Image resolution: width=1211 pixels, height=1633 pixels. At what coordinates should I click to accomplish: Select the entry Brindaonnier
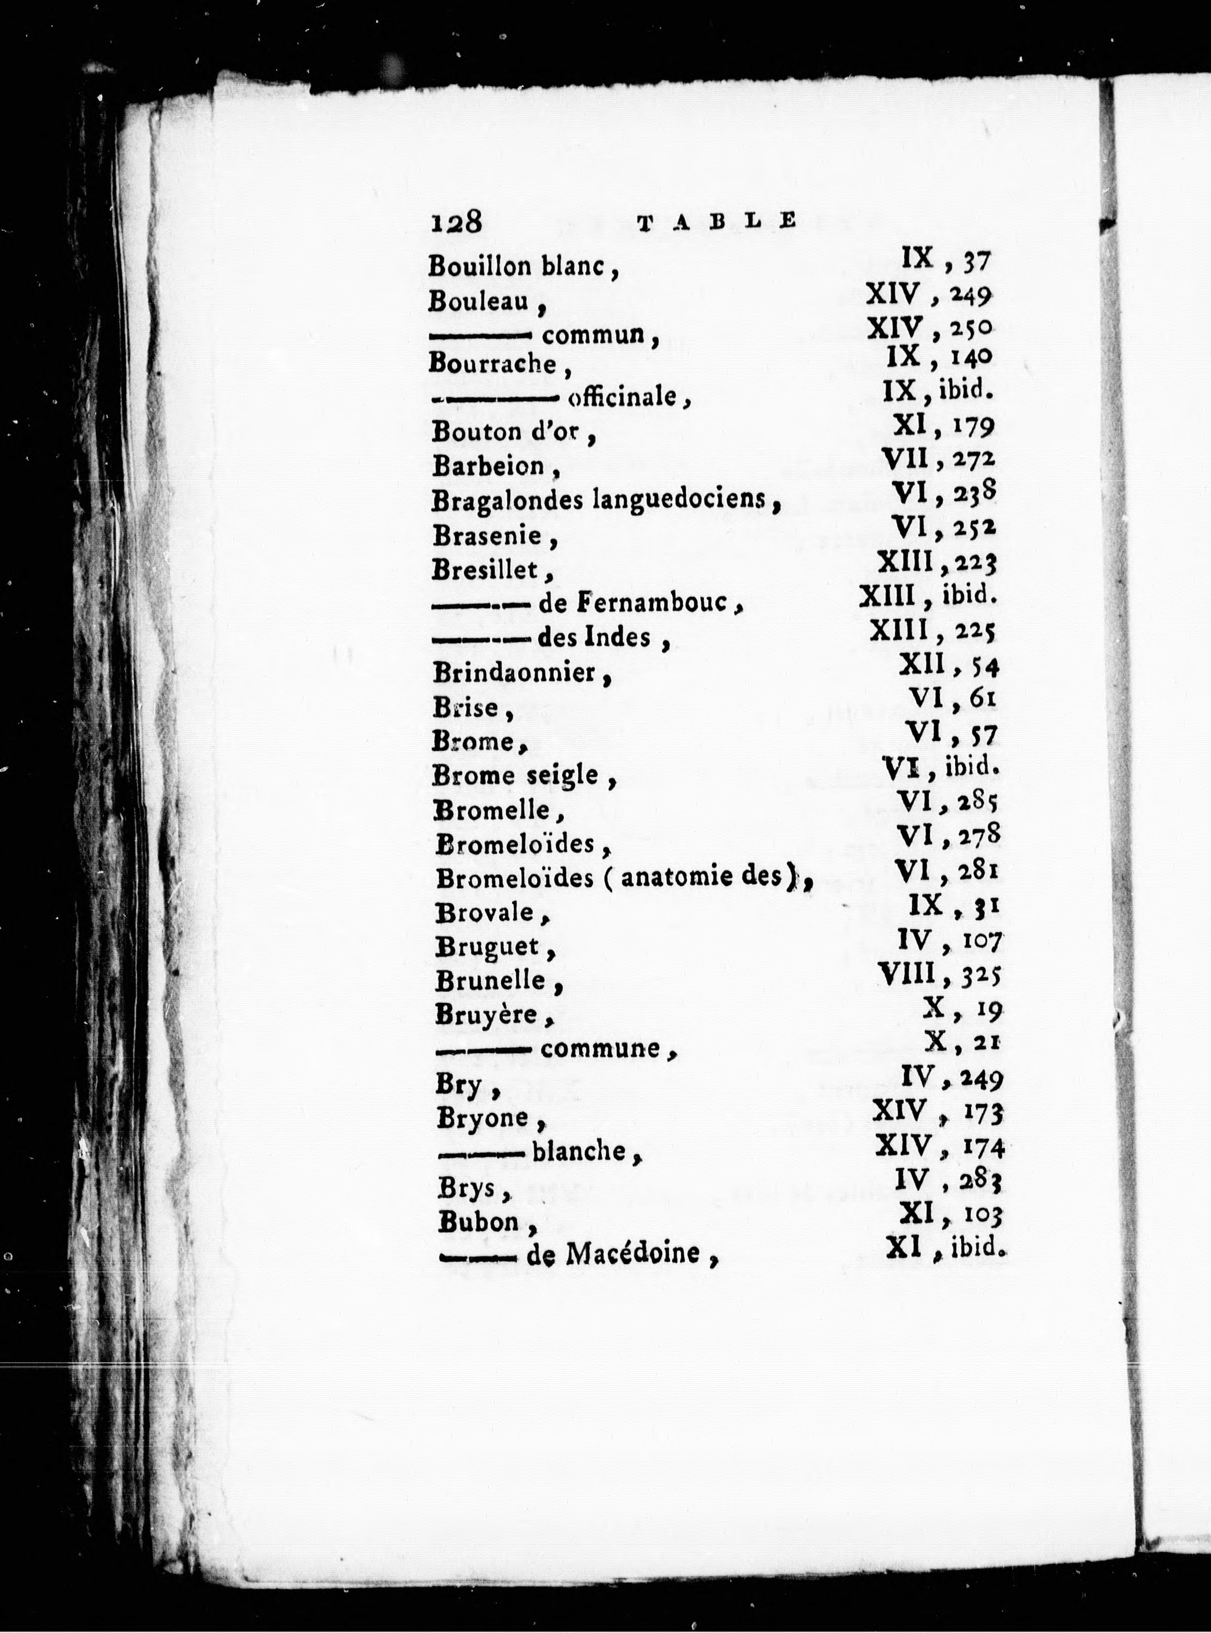pos(514,673)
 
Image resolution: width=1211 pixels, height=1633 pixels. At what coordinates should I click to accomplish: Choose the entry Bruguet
pos(488,947)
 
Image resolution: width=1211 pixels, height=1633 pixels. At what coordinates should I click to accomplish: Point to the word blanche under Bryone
pos(579,1151)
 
